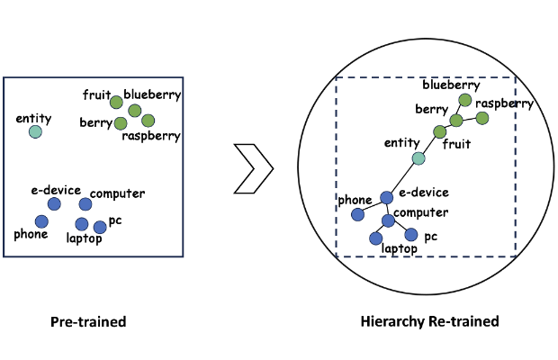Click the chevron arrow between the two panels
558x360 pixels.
click(255, 167)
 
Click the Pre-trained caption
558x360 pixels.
click(88, 321)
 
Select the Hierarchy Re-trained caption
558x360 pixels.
click(428, 321)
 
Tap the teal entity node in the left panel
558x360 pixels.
click(35, 132)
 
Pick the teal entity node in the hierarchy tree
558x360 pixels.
click(418, 159)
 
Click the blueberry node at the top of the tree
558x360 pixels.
click(465, 100)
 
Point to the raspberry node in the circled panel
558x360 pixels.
click(482, 118)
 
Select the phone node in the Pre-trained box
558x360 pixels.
click(41, 220)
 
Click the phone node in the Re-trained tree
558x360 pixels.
click(357, 214)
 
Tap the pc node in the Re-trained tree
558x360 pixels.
click(411, 235)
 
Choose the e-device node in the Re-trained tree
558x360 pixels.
click(386, 197)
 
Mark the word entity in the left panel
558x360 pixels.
click(33, 118)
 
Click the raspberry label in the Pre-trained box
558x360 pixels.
click(151, 136)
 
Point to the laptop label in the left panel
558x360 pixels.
click(85, 238)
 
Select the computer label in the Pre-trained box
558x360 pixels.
click(118, 193)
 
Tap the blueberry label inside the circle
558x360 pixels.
click(451, 85)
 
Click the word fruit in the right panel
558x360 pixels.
click(456, 142)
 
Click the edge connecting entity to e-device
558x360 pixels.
click(402, 178)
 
